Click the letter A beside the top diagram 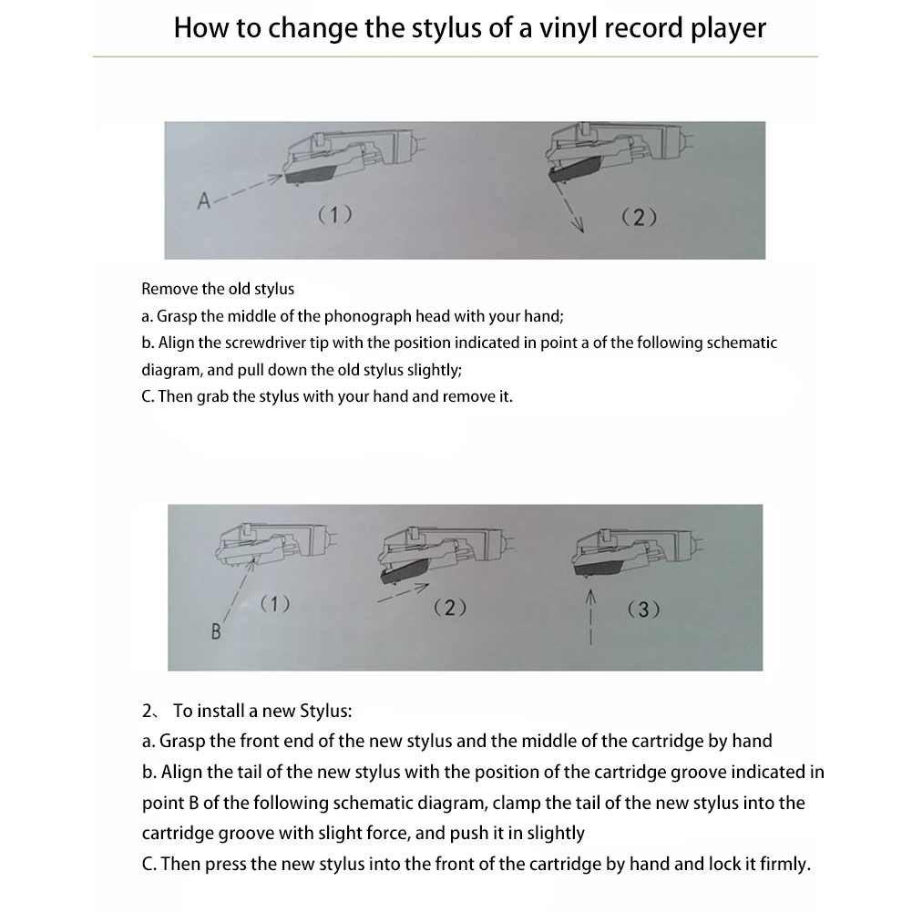204,201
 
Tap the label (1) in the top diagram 334,215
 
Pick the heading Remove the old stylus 218,289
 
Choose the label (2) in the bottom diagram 450,608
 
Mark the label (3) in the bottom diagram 643,610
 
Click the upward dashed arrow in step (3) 589,616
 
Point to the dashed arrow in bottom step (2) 402,595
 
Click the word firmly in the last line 782,864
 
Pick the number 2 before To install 147,711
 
